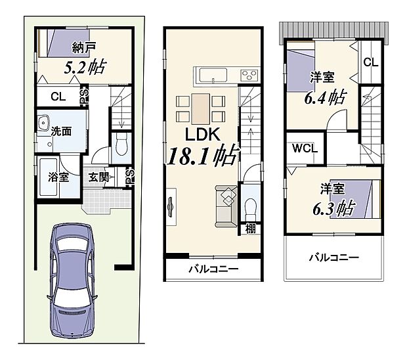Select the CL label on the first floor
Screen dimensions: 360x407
point(58,97)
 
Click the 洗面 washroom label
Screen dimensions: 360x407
point(62,131)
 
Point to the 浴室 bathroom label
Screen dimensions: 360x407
point(59,177)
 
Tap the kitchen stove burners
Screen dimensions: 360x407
point(249,74)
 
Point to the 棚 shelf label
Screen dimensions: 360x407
point(251,229)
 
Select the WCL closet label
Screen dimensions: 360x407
point(305,148)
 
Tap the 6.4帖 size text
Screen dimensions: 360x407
point(325,98)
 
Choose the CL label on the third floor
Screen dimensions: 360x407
point(370,63)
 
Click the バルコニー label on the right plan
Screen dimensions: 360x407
point(334,258)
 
